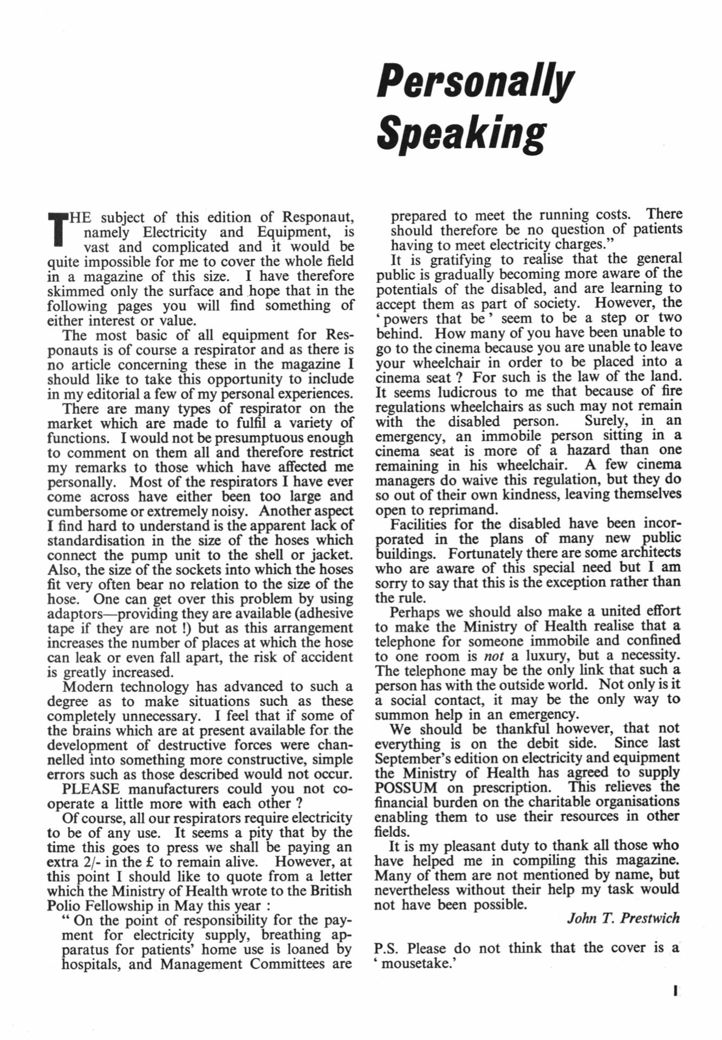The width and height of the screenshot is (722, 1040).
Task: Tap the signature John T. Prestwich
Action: coord(622,918)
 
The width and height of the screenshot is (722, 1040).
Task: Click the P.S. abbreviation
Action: coord(387,948)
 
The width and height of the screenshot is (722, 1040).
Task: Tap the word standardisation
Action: coord(96,541)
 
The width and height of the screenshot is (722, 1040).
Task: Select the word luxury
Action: coord(547,655)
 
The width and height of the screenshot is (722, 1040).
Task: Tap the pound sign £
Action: coord(160,862)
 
